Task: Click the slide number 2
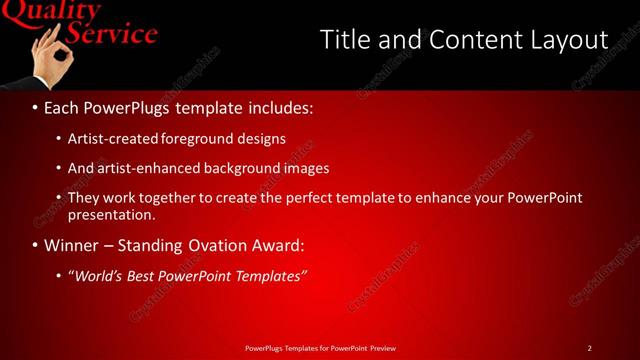(590, 348)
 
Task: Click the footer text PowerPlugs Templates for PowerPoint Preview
(320, 348)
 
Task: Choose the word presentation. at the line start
(111, 214)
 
